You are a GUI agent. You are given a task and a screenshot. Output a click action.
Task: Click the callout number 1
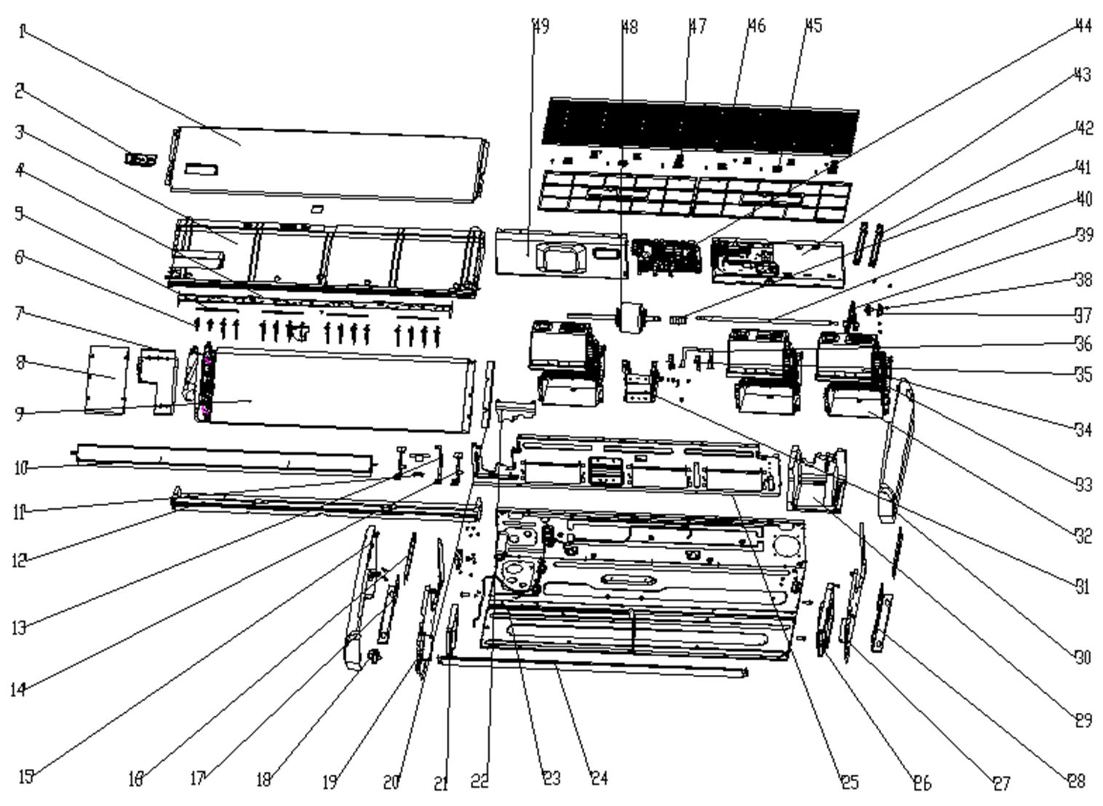pyautogui.click(x=22, y=31)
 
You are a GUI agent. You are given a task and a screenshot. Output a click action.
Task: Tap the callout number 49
pyautogui.click(x=541, y=26)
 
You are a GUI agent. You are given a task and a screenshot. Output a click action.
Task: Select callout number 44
pyautogui.click(x=1083, y=26)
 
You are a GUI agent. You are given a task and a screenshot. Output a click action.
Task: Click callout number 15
pyautogui.click(x=25, y=778)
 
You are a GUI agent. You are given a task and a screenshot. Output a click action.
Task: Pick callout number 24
pyautogui.click(x=598, y=778)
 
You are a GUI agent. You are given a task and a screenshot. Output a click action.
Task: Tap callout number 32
pyautogui.click(x=1083, y=536)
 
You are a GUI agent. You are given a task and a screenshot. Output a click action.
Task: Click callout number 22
pyautogui.click(x=479, y=781)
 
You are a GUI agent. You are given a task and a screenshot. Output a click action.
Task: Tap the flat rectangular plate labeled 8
pyautogui.click(x=106, y=379)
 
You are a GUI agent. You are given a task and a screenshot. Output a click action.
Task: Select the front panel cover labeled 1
pyautogui.click(x=327, y=164)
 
